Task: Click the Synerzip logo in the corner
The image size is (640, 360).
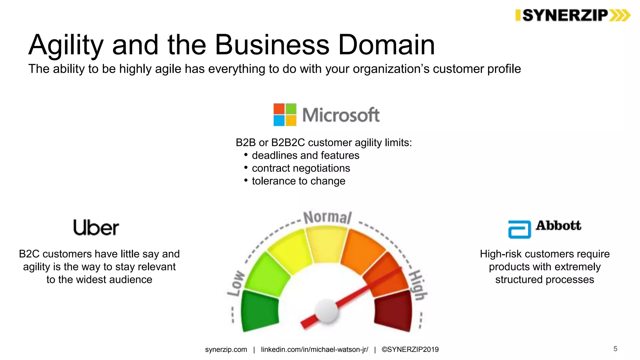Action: pyautogui.click(x=572, y=15)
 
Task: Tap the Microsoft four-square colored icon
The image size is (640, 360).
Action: pyautogui.click(x=285, y=115)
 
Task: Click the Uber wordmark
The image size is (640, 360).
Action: pyautogui.click(x=96, y=227)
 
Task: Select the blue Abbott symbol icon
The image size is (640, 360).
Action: pyautogui.click(x=519, y=229)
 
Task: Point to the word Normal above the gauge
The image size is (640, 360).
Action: pyautogui.click(x=327, y=217)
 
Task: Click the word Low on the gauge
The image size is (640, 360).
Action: pyautogui.click(x=236, y=283)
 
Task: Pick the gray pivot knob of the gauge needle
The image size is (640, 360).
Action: pyautogui.click(x=326, y=310)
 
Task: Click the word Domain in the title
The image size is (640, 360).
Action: pyautogui.click(x=386, y=45)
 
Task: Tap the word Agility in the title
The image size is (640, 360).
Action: pyautogui.click(x=66, y=45)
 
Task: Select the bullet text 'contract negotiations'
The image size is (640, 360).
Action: pyautogui.click(x=301, y=168)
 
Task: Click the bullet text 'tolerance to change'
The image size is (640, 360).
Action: pyautogui.click(x=298, y=181)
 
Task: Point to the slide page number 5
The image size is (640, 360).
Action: pyautogui.click(x=615, y=349)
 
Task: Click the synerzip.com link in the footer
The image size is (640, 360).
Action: pyautogui.click(x=226, y=349)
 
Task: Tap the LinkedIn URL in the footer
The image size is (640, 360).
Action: pyautogui.click(x=314, y=349)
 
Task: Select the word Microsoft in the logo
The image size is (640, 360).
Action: pyautogui.click(x=341, y=115)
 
